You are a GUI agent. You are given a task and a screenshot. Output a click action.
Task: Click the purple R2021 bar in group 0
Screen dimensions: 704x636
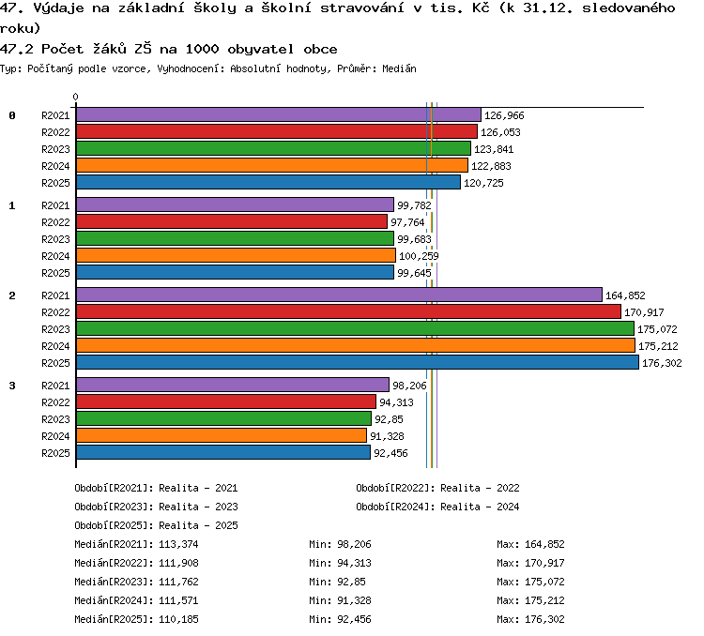279,114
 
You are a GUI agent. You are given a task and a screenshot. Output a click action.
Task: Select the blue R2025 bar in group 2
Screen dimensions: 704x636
358,362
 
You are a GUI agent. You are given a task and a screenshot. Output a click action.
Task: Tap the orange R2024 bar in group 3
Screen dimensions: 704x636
222,435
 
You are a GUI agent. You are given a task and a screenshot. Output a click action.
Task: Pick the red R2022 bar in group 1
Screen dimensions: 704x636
232,221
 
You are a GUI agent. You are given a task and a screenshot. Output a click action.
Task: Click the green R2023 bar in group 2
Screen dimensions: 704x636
355,328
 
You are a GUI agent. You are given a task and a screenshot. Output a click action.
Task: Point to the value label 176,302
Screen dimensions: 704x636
662,363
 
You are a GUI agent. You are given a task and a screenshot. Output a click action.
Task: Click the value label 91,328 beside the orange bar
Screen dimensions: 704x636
387,436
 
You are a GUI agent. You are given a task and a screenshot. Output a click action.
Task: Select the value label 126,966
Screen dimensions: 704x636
504,115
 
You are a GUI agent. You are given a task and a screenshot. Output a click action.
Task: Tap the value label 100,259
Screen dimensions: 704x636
419,256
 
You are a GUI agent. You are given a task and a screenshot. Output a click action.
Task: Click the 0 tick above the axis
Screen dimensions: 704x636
75,97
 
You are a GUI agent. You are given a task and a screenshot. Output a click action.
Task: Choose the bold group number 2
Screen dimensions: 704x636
12,295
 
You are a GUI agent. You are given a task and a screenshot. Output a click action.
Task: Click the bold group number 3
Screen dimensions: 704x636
12,386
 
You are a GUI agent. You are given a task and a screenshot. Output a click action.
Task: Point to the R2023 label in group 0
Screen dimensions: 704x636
55,149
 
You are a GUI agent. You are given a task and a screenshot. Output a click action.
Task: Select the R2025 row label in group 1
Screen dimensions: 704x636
55,273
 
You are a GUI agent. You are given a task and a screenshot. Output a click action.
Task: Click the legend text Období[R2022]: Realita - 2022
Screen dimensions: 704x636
437,488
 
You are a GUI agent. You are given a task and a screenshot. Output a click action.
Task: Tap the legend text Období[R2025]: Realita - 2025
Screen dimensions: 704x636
156,525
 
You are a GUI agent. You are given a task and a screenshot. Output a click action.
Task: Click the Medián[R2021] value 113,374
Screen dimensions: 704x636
178,544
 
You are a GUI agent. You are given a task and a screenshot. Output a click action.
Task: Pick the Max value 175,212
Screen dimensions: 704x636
544,600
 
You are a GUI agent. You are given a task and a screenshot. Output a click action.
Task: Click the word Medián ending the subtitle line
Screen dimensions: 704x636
399,68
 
